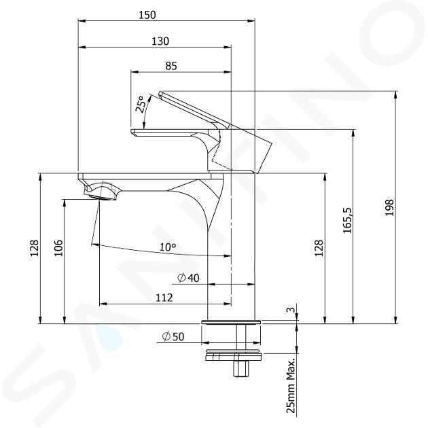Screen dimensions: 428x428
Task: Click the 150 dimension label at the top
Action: click(147, 15)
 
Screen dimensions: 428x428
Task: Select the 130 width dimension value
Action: click(160, 41)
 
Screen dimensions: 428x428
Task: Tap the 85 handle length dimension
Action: click(171, 66)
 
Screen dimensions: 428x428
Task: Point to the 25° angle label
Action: click(140, 104)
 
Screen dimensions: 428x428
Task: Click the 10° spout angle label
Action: click(168, 247)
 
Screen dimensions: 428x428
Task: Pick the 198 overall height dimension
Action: click(389, 208)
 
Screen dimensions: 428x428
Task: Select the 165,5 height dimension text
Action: click(348, 220)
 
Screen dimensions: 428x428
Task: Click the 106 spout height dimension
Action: click(58, 248)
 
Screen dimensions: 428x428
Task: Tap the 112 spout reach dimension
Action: click(164, 298)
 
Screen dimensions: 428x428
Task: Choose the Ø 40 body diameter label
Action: click(188, 278)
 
